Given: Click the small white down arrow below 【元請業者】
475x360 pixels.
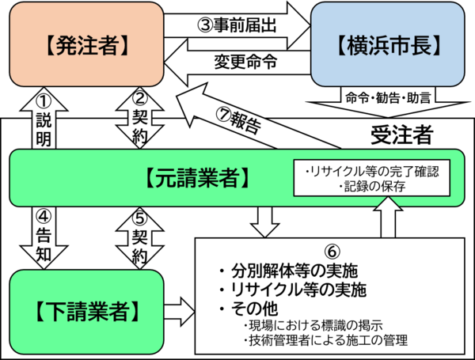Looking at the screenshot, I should point(265,222).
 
